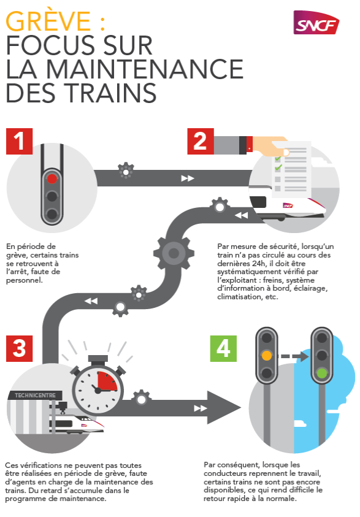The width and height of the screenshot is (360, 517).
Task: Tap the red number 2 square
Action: click(x=199, y=141)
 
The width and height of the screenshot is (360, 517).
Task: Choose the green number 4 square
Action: click(x=223, y=348)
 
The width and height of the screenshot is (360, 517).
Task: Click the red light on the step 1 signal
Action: click(x=52, y=178)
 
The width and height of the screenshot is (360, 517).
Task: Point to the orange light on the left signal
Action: click(x=266, y=355)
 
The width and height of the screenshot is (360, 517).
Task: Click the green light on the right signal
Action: click(x=321, y=372)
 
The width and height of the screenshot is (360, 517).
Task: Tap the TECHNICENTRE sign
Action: click(x=34, y=396)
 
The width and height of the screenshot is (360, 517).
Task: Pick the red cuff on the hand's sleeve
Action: click(x=249, y=145)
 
